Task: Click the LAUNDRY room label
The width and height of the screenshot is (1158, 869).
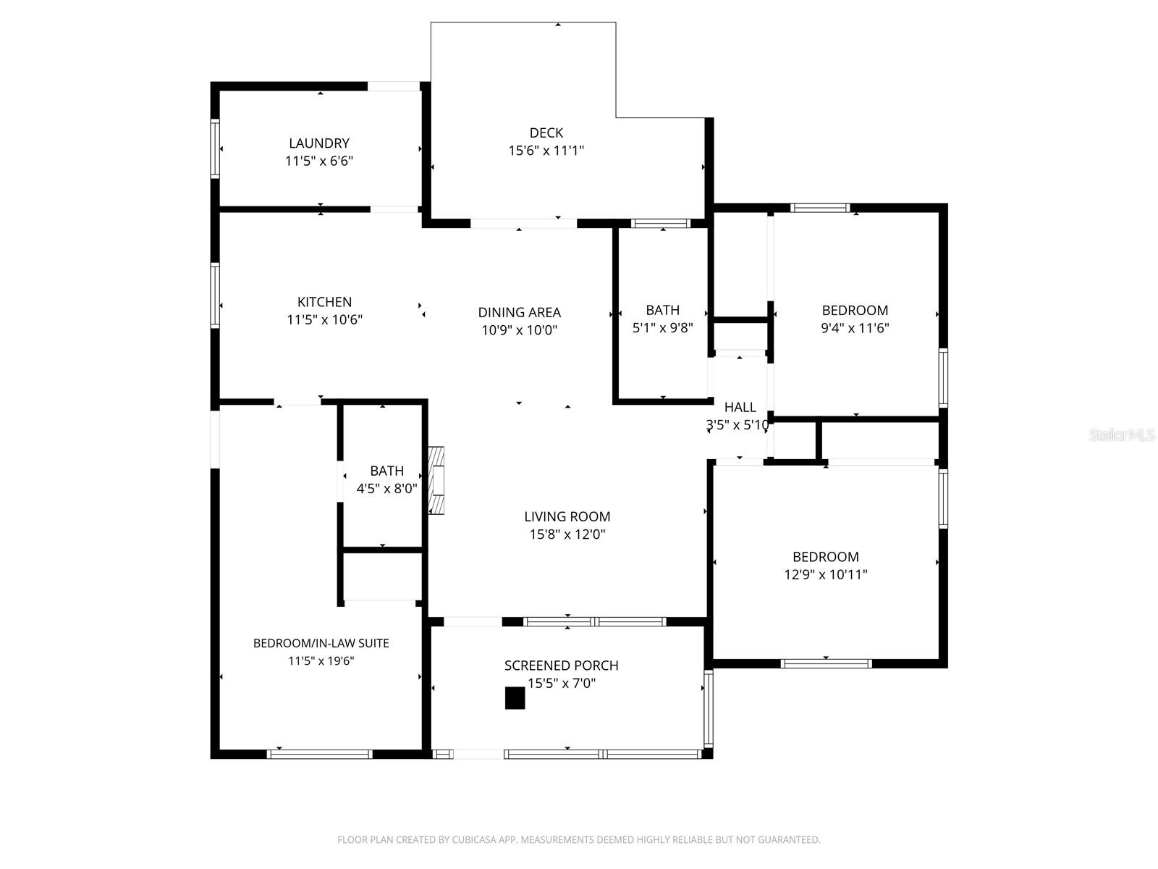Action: pos(319,143)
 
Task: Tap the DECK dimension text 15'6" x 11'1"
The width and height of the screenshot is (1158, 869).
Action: pos(546,151)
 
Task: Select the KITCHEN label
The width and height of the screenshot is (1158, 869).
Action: pos(324,302)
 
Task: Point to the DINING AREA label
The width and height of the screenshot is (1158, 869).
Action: pos(519,312)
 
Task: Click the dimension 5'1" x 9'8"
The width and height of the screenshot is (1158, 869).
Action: pos(662,327)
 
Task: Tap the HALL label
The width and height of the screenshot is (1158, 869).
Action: pos(740,407)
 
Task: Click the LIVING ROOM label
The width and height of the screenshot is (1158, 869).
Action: pos(567,516)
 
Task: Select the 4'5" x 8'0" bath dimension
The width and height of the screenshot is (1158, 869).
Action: pos(386,489)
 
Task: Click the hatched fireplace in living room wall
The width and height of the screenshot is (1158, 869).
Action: pos(436,480)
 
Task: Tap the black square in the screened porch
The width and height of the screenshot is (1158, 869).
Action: pos(515,698)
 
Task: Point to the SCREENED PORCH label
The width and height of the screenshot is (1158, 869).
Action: pos(561,666)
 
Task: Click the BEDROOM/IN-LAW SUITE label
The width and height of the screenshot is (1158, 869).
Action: pos(321,643)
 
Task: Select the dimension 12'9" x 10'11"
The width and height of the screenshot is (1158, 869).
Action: pos(825,574)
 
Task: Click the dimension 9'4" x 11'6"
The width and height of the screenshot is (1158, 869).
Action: pos(855,327)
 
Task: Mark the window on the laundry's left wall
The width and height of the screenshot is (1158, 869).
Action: pos(215,148)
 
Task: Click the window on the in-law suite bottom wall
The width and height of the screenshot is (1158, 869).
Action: pos(319,754)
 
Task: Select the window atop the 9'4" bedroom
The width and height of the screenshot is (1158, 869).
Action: pos(819,208)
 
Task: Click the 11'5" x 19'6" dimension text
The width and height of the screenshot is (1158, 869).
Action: pos(321,660)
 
